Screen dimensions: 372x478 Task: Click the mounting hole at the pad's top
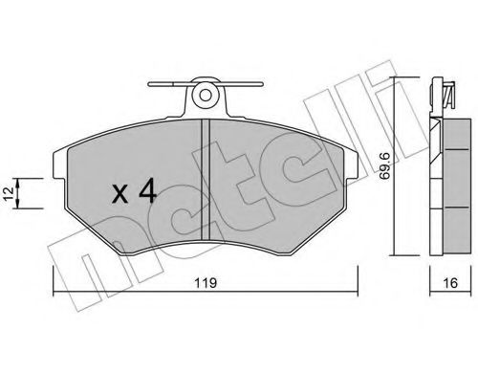(205, 96)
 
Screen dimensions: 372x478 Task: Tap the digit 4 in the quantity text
(146, 192)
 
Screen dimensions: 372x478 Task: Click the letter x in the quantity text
(120, 195)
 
